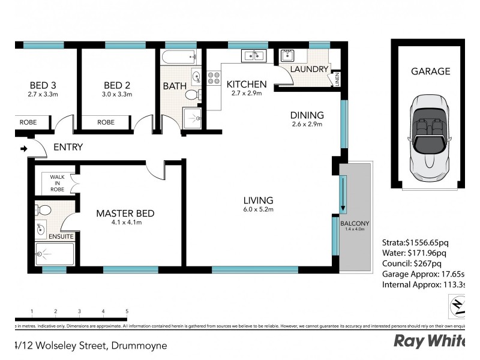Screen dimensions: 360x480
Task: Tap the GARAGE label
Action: coord(430,71)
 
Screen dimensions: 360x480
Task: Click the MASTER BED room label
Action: coord(125,214)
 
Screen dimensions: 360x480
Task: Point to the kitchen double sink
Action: coord(253,56)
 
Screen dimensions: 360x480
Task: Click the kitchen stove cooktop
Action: coord(213,77)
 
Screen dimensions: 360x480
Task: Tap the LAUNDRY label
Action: coord(309,70)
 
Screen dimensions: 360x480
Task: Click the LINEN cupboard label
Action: coord(337,79)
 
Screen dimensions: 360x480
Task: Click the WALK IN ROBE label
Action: coord(57,183)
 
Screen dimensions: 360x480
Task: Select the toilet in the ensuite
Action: coord(43,210)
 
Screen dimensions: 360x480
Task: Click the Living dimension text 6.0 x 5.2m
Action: coord(258,210)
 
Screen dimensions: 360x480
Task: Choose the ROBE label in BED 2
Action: coord(106,122)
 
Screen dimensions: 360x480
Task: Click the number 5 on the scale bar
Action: coord(127,311)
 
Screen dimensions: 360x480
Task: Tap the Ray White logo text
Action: coord(430,341)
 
